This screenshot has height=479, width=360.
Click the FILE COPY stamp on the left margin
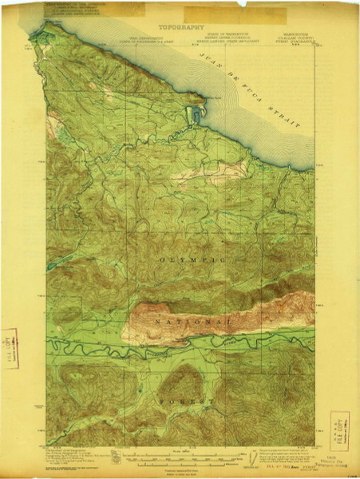(11, 346)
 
